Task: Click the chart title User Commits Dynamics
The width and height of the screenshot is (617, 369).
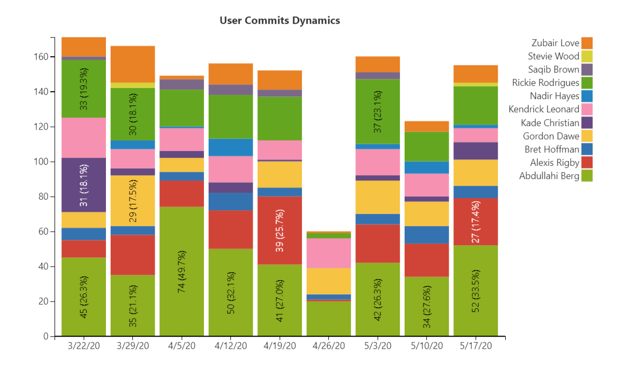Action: (x=280, y=21)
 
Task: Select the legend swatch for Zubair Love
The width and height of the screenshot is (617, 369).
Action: (x=587, y=43)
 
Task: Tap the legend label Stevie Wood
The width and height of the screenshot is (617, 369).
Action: (x=553, y=56)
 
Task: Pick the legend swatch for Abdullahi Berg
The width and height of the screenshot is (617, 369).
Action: (x=587, y=176)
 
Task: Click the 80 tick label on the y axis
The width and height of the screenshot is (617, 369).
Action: (x=44, y=196)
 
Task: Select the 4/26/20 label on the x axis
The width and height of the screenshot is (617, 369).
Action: (x=328, y=346)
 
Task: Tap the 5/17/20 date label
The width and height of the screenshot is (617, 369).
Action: (x=476, y=346)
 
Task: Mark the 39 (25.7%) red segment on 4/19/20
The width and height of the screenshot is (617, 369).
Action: (x=280, y=230)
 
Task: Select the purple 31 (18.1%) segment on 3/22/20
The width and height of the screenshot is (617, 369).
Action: (x=84, y=185)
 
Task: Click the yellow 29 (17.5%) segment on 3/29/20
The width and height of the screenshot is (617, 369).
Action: (x=132, y=201)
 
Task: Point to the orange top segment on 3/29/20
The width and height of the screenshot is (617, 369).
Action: (x=132, y=64)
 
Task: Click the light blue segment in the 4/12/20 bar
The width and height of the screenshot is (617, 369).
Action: (x=230, y=147)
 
